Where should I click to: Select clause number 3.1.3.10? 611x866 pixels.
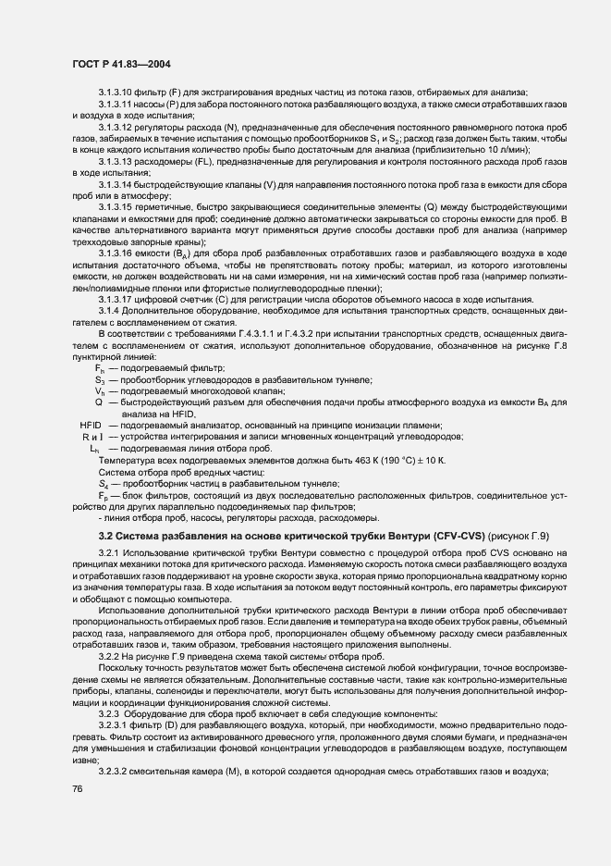(x=118, y=91)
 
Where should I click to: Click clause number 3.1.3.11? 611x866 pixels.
(x=118, y=105)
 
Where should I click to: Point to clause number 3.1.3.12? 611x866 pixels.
(x=118, y=127)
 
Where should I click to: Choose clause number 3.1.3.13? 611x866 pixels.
(x=118, y=162)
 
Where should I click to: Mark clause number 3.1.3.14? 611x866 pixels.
(x=118, y=184)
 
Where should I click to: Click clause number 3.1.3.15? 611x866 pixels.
(x=118, y=207)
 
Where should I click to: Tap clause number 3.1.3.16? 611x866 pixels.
(x=118, y=253)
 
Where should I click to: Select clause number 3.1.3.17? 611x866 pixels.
(x=118, y=298)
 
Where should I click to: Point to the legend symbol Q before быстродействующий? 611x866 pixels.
(x=98, y=402)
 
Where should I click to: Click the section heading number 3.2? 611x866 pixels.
(x=106, y=537)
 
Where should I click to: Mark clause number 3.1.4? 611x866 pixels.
(x=111, y=310)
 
